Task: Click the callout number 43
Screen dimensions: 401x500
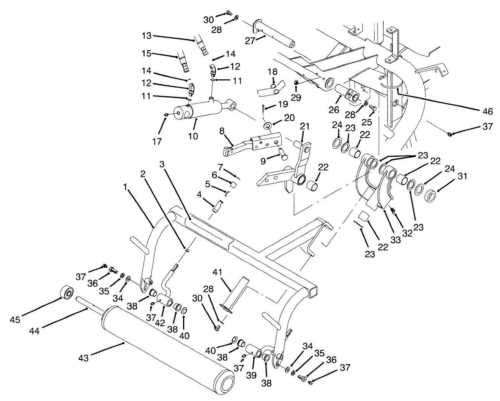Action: tap(83, 358)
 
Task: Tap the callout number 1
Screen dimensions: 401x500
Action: tap(125, 187)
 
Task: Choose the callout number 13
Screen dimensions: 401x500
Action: tap(147, 36)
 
